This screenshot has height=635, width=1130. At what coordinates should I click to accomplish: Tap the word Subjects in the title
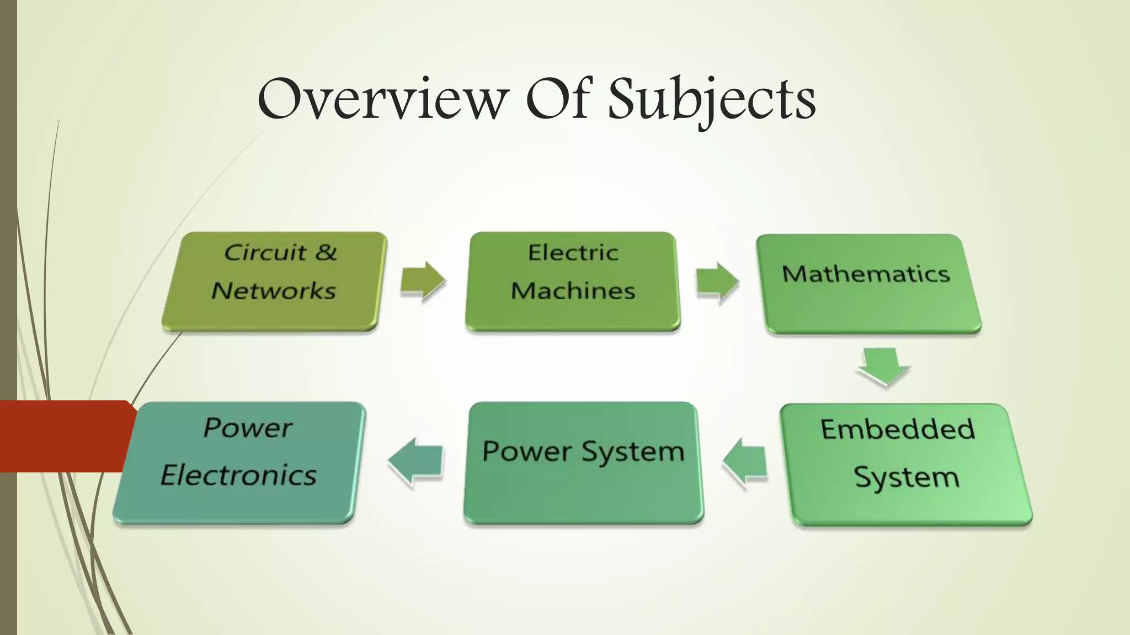(x=712, y=99)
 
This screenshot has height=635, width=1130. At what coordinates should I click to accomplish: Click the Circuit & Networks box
(x=274, y=281)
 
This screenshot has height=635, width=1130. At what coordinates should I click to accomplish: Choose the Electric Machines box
(x=573, y=281)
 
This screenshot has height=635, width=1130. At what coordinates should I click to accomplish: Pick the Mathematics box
(x=869, y=284)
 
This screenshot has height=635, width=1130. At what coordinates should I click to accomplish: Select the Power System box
(x=583, y=462)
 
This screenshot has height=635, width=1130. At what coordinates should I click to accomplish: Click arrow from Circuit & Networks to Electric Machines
(x=423, y=281)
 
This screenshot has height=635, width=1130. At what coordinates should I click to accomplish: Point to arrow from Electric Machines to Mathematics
(x=717, y=283)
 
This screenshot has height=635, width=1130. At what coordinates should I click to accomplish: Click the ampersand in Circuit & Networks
(x=326, y=252)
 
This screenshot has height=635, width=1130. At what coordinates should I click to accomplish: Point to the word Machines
(x=573, y=290)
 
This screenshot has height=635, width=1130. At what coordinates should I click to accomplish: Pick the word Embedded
(x=898, y=429)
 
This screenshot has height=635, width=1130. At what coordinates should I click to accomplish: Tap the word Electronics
(x=238, y=475)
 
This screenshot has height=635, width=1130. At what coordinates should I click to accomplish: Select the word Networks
(x=274, y=290)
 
